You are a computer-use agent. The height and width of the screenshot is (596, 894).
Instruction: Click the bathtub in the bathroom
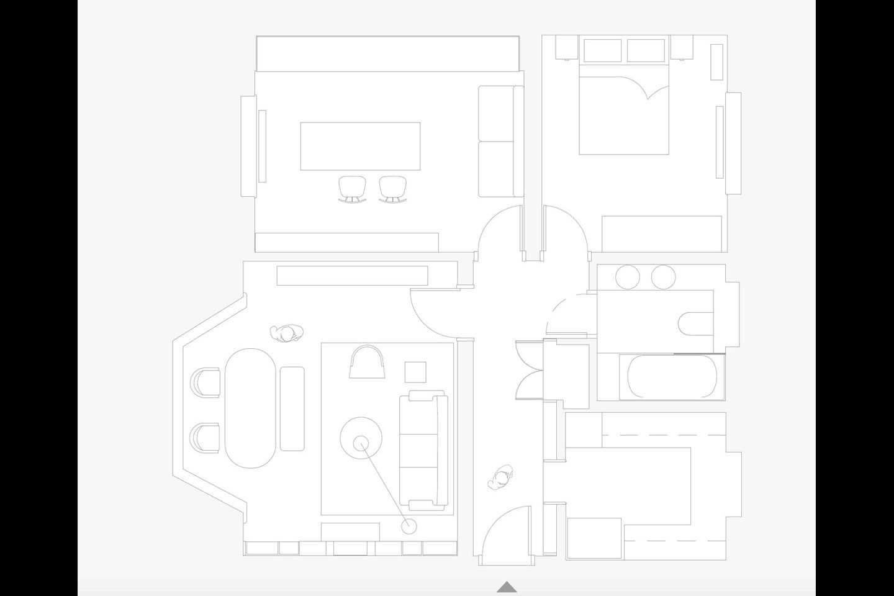click(x=672, y=377)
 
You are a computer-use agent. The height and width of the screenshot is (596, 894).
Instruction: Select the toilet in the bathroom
click(x=695, y=323)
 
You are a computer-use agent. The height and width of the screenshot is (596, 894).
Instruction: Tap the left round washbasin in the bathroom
click(x=627, y=277)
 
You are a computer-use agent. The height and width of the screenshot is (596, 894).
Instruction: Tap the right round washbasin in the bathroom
click(x=663, y=277)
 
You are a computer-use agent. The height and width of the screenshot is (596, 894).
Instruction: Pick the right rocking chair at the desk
click(x=391, y=189)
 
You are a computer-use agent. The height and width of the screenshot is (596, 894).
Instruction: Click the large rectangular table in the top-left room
click(x=360, y=146)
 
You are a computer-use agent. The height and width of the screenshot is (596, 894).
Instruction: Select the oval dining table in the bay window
click(x=251, y=408)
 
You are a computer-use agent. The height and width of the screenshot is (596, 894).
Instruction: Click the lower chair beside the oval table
click(x=205, y=438)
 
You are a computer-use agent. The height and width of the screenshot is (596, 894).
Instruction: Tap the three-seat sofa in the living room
click(x=423, y=450)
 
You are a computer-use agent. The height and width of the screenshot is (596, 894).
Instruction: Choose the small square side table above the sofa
click(x=415, y=372)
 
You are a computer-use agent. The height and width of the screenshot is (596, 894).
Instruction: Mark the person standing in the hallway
click(x=502, y=479)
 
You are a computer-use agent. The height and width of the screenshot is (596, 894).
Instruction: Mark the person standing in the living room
click(x=287, y=334)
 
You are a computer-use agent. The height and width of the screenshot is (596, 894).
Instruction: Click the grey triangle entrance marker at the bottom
click(x=507, y=587)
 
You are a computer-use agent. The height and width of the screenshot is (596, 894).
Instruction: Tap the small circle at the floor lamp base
click(x=409, y=526)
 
